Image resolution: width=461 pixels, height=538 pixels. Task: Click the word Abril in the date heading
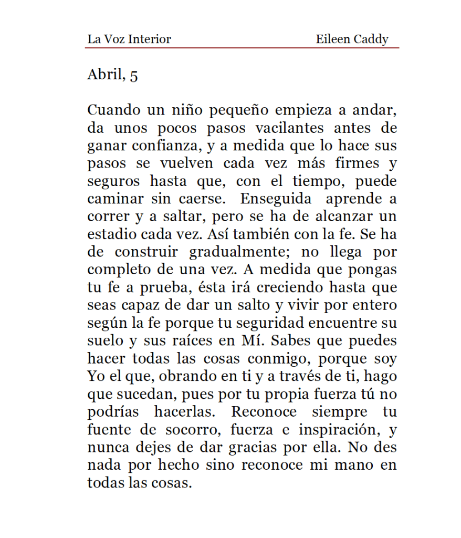102,75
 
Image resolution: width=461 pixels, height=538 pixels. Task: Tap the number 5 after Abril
133,76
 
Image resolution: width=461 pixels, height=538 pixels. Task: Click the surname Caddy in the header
372,39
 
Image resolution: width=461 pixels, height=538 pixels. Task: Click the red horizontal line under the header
242,48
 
